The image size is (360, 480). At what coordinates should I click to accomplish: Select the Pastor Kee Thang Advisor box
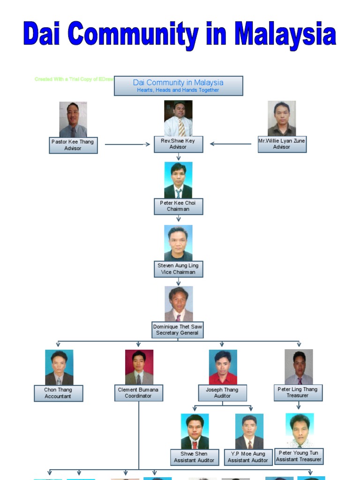click(x=73, y=145)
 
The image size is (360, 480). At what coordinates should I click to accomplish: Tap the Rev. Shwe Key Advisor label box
click(x=178, y=144)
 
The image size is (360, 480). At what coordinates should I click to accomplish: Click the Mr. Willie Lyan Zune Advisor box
click(x=282, y=144)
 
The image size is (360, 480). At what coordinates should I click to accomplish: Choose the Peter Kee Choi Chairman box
click(x=178, y=206)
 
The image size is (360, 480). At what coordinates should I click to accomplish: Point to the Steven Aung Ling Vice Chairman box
click(x=178, y=269)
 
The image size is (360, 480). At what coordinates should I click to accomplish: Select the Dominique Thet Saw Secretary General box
click(x=178, y=330)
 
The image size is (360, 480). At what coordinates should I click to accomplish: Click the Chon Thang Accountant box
click(x=58, y=393)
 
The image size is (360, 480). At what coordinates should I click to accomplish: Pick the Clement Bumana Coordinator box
click(x=139, y=393)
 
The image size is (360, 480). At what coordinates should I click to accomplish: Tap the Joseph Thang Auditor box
click(x=222, y=393)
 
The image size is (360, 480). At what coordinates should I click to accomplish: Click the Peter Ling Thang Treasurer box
click(x=298, y=393)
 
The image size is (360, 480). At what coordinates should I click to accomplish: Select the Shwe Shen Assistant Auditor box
click(x=194, y=457)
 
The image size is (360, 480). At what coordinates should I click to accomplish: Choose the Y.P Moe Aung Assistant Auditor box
click(x=248, y=457)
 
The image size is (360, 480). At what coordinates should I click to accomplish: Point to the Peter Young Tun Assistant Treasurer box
click(x=299, y=457)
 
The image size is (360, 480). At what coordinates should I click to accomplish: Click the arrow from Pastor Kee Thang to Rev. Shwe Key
click(x=126, y=144)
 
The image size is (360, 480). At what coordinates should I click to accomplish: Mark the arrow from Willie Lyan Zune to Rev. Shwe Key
click(x=231, y=144)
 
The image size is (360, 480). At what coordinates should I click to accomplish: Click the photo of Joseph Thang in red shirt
click(x=223, y=367)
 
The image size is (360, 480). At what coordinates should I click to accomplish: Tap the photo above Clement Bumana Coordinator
click(x=139, y=367)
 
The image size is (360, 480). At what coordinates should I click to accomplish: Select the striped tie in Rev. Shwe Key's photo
click(x=181, y=127)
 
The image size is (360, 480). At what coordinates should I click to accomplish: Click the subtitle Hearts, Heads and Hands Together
click(x=178, y=90)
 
